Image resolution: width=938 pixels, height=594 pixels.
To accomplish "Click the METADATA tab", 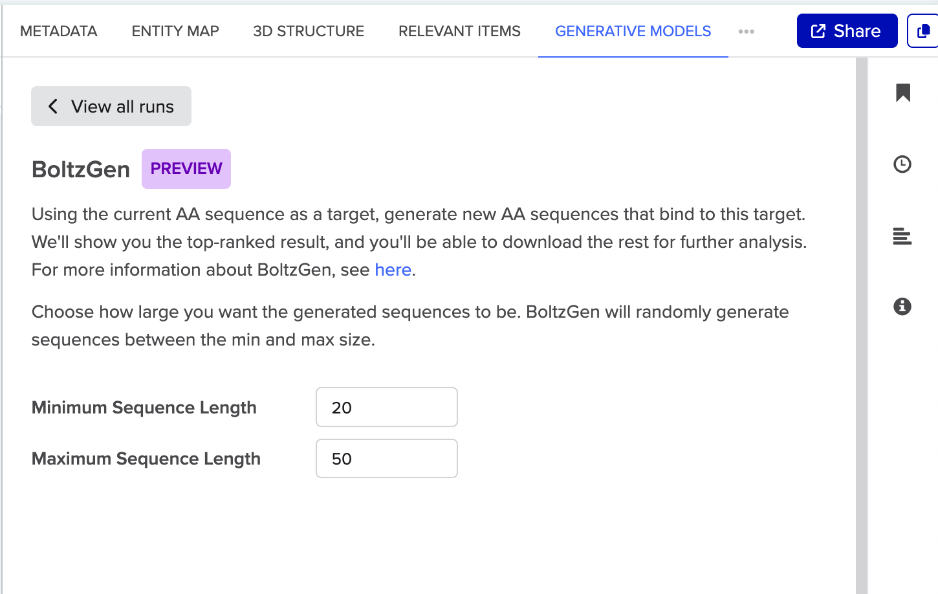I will point(59,31).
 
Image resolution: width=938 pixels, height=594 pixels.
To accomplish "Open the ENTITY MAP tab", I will point(175,31).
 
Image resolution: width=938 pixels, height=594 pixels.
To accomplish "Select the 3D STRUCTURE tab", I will point(309,31).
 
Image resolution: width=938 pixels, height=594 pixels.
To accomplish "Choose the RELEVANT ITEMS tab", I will point(459,31).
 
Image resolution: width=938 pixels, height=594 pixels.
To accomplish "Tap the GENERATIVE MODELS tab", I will point(633,31).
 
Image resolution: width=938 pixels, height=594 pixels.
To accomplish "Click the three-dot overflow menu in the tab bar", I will point(747,31).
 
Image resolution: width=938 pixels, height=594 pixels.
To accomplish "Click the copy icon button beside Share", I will point(924,31).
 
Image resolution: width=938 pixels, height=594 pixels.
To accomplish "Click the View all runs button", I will point(111,106).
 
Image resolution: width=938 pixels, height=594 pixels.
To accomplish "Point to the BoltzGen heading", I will point(81,170).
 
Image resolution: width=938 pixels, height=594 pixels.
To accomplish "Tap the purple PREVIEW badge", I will point(186,169).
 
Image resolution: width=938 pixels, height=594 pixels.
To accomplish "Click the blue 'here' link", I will point(393,270).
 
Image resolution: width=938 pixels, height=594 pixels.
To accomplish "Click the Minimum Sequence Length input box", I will point(386,407).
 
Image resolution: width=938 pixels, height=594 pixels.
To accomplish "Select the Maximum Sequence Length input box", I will point(386,459).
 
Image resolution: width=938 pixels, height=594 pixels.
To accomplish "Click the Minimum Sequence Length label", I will point(144,408).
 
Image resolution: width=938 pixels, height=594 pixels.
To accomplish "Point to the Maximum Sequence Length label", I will point(146,459).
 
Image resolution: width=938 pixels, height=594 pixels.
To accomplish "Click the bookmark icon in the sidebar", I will point(903,93).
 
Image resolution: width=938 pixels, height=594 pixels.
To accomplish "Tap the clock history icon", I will point(902,164).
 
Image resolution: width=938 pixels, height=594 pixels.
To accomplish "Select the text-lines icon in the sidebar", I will point(902,236).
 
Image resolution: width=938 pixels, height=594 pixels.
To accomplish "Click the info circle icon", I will point(902,306).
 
